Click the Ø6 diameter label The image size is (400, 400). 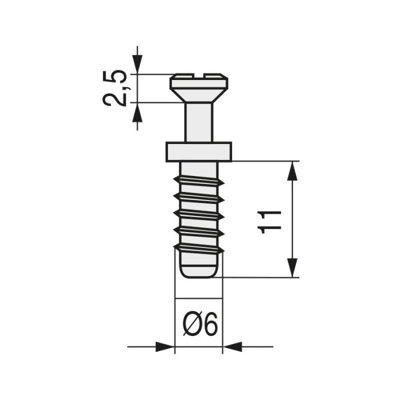pos(200,326)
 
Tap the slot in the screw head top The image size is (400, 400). pos(199,75)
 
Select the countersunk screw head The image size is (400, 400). pos(199,85)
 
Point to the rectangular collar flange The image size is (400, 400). pos(199,151)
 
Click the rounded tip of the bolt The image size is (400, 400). pos(198,270)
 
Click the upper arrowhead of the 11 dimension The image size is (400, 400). pos(293,170)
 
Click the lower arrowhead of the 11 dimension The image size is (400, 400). pos(293,268)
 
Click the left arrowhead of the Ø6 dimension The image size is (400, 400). pos(166,346)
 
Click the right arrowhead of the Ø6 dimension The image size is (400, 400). pos(231,346)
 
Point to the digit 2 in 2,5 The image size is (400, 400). pos(114,99)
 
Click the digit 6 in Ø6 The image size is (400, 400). pos(210,326)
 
